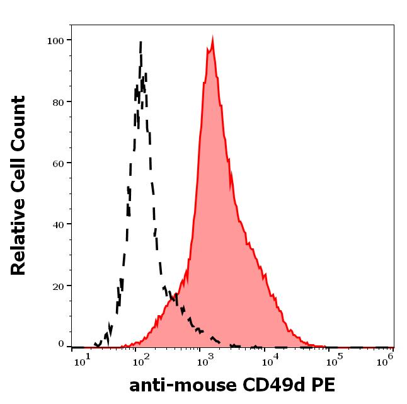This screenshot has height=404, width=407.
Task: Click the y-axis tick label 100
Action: [55, 40]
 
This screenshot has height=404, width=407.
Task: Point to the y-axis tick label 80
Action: [58, 101]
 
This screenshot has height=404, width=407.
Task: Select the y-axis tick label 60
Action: [58, 163]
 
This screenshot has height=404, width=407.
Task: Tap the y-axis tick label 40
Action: [58, 224]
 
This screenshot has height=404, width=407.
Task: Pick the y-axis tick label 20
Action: [58, 286]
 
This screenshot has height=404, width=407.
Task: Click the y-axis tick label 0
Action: [61, 344]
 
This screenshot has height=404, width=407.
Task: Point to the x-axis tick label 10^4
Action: [270, 361]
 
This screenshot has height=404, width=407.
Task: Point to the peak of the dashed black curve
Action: [140, 42]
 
